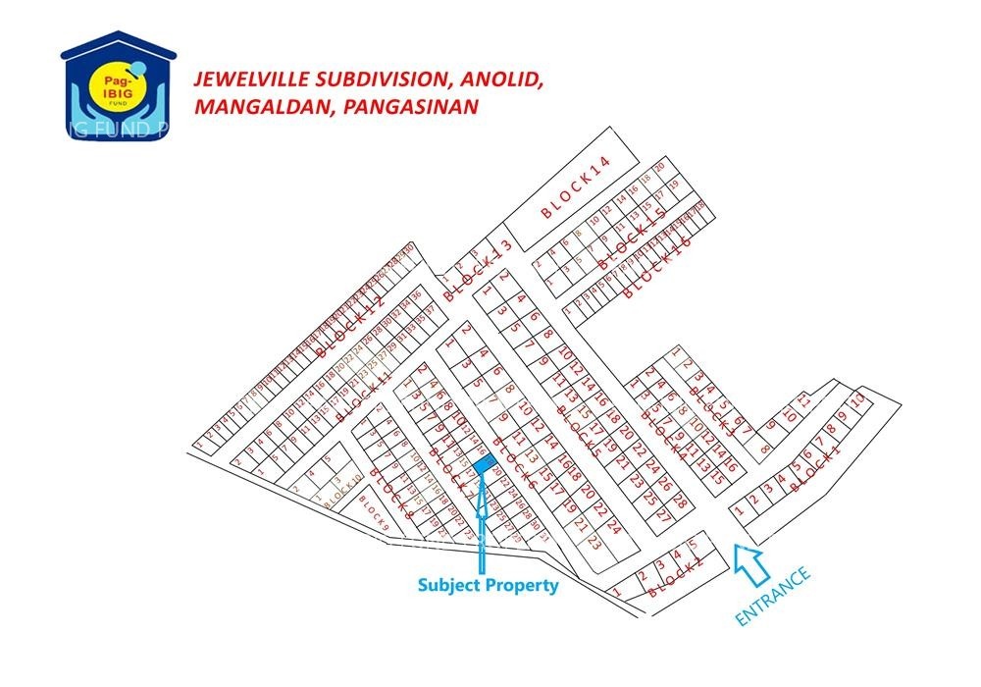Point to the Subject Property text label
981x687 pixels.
click(x=488, y=585)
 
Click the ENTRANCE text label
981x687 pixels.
click(x=774, y=595)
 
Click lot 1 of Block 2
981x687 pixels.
click(x=617, y=593)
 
